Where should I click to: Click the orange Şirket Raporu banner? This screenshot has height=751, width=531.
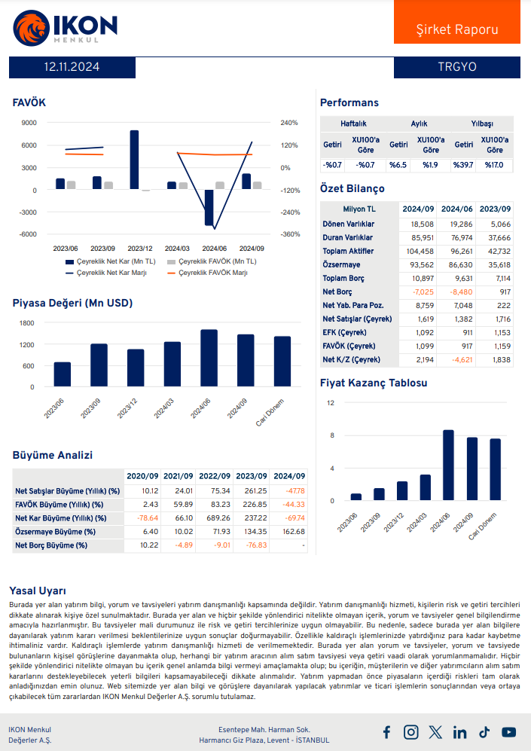click(457, 29)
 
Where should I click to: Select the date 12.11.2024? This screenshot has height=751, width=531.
click(72, 67)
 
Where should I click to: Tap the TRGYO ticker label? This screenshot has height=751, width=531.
click(457, 67)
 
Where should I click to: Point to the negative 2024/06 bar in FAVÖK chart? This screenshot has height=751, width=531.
click(209, 207)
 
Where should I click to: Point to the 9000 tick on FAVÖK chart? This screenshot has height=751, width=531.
click(29, 123)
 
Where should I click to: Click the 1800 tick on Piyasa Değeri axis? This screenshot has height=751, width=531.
click(27, 323)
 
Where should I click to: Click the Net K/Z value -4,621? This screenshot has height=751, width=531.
click(459, 360)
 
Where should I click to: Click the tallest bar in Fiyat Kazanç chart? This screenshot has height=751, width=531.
click(448, 465)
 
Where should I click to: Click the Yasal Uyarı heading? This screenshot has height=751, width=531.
click(37, 591)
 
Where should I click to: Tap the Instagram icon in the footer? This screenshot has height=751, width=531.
click(410, 731)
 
